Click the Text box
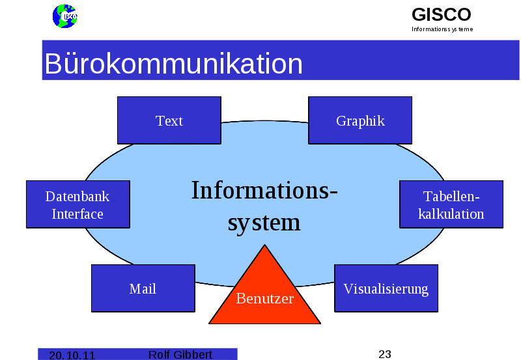click(169, 120)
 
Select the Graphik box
click(359, 120)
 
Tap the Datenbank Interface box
click(77, 204)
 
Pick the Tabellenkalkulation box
click(451, 204)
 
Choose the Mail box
click(143, 288)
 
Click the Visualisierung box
click(386, 288)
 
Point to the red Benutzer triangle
click(264, 293)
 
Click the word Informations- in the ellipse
click(264, 191)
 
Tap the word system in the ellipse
click(264, 222)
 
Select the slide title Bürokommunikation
click(173, 64)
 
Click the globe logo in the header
click(64, 16)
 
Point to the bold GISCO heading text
click(441, 14)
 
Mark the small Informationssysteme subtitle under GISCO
click(442, 29)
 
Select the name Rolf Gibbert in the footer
click(180, 354)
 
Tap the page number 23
click(385, 354)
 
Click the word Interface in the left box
click(77, 214)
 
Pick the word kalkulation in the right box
click(451, 214)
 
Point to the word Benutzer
click(264, 299)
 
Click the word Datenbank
click(77, 197)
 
